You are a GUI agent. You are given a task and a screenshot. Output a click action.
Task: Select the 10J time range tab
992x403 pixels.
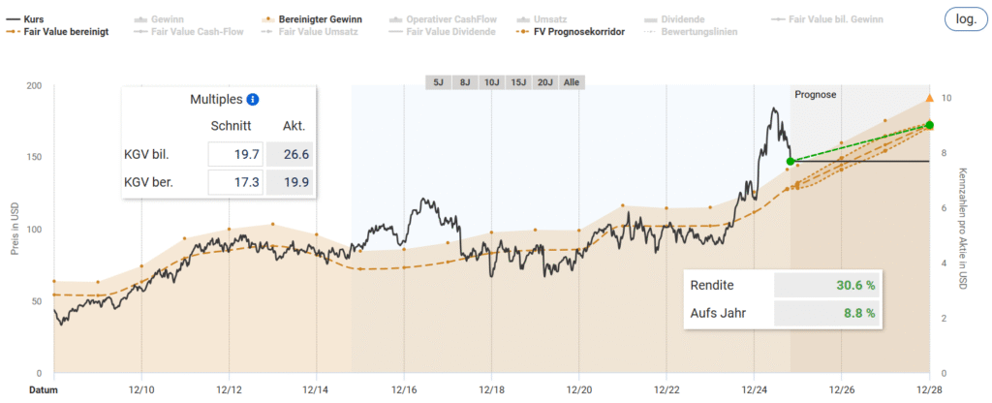click(491, 82)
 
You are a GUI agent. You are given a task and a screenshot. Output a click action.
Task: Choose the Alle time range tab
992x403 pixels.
click(571, 82)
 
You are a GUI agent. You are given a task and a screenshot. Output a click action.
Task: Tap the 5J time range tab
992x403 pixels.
click(438, 82)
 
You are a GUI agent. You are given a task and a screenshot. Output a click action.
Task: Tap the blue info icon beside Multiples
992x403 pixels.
click(253, 99)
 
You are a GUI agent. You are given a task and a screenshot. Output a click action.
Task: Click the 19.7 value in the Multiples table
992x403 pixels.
click(235, 154)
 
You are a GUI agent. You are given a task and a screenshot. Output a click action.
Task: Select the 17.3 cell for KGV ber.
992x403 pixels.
click(235, 181)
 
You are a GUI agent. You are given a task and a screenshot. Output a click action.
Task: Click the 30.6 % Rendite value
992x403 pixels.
click(855, 285)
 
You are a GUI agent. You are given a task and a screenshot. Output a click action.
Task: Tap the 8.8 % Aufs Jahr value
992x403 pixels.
click(858, 313)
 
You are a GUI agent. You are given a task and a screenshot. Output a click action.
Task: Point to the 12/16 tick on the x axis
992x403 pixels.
click(404, 390)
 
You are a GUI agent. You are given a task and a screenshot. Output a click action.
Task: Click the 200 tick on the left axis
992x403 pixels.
click(36, 85)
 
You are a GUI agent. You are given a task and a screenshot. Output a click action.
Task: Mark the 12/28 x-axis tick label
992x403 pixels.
click(930, 390)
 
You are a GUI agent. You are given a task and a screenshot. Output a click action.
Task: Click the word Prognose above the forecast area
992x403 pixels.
click(815, 94)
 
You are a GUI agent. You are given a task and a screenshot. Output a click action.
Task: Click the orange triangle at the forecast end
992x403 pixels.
click(930, 98)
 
